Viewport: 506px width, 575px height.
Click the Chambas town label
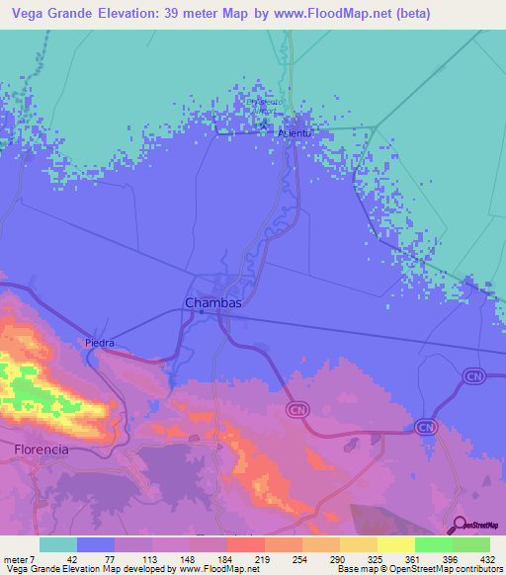(x=212, y=302)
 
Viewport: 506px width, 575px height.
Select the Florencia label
(x=42, y=449)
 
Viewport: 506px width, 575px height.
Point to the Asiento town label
(x=295, y=132)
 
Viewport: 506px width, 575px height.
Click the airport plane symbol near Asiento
(x=267, y=113)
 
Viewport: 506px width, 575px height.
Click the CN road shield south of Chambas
(x=295, y=408)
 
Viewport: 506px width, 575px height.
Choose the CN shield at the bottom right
(x=425, y=427)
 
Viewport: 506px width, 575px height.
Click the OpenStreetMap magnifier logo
(x=459, y=526)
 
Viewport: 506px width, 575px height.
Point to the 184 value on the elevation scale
(x=208, y=560)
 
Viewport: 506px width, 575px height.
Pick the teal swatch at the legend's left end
(x=58, y=544)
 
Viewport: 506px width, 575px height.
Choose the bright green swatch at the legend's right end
(x=470, y=544)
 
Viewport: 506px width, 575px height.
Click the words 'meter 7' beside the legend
(x=20, y=560)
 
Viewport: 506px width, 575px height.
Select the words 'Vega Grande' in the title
(x=52, y=15)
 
